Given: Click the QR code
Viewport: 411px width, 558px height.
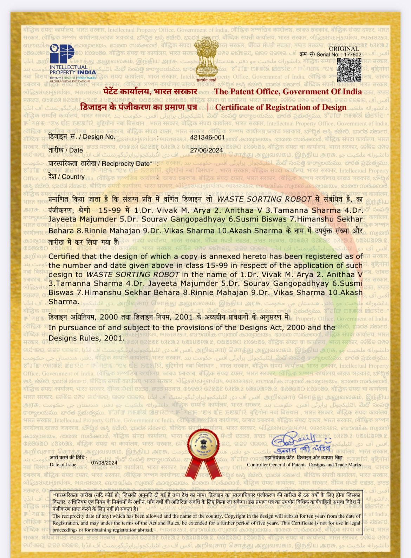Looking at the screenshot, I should [349, 70].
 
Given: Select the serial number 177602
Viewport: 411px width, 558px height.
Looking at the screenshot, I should [353, 55].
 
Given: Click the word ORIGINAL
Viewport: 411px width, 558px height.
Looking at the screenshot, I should [344, 49].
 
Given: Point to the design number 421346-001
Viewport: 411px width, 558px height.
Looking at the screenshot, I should [207, 137].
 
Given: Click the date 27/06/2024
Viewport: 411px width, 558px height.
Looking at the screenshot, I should [207, 150].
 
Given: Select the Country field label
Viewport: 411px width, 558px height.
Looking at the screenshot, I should [66, 177].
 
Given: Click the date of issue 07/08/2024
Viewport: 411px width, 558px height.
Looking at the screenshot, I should [104, 463].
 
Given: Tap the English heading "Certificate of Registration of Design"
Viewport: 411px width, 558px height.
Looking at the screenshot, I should [281, 107].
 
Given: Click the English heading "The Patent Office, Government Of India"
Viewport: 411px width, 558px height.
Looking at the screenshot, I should [288, 92].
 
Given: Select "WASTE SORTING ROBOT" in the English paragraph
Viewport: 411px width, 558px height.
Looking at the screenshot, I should [133, 274].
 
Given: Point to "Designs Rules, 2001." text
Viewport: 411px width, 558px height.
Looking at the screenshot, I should [86, 338].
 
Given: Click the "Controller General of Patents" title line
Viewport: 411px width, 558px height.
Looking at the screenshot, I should [304, 465].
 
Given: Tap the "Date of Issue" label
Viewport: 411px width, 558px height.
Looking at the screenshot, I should [63, 465].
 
